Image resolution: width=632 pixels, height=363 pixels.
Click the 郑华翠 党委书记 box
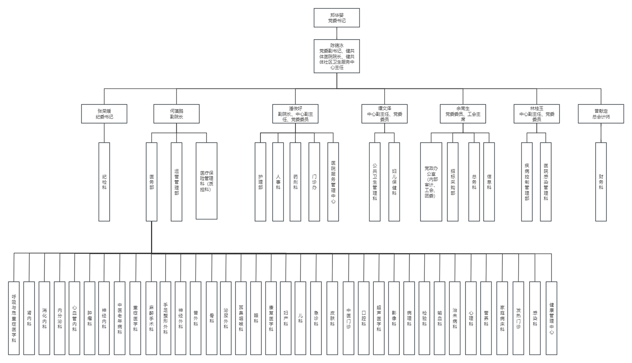tap(337, 18)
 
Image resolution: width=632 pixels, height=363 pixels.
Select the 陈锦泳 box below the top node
tap(337, 56)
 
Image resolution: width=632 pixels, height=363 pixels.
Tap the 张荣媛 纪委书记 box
tap(104, 114)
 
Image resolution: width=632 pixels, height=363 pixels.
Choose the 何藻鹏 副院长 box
tap(177, 114)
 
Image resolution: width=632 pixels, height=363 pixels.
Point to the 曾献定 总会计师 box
tap(601, 114)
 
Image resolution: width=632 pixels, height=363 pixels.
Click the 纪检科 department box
tap(104, 181)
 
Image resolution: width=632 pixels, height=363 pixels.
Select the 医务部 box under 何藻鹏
tap(152, 181)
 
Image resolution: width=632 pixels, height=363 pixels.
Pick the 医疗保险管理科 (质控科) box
tap(206, 181)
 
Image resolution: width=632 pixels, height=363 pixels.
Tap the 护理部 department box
tap(260, 181)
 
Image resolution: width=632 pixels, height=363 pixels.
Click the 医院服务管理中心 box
tap(333, 181)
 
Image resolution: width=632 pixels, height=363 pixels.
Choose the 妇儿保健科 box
tap(394, 181)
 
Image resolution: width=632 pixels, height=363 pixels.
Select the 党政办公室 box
tap(431, 181)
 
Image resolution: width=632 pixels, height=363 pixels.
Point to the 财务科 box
tap(601, 181)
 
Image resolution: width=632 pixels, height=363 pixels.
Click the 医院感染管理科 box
tap(546, 181)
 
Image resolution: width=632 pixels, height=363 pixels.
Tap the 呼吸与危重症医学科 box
tap(14, 318)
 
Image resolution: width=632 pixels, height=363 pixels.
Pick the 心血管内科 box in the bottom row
tap(75, 318)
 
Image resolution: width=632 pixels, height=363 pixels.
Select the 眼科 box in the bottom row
tap(256, 318)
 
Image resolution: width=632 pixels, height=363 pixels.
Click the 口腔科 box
tap(364, 318)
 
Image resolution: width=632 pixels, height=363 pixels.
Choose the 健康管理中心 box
tap(552, 318)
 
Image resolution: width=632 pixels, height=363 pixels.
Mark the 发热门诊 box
tap(518, 318)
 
